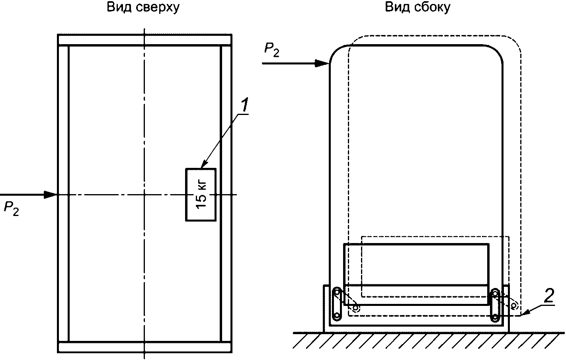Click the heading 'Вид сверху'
143,8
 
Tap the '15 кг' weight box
201,194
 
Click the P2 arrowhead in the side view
322,63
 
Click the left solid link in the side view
337,304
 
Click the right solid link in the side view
496,306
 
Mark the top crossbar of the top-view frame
144,40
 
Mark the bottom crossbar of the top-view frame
144,347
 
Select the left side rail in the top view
63,194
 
